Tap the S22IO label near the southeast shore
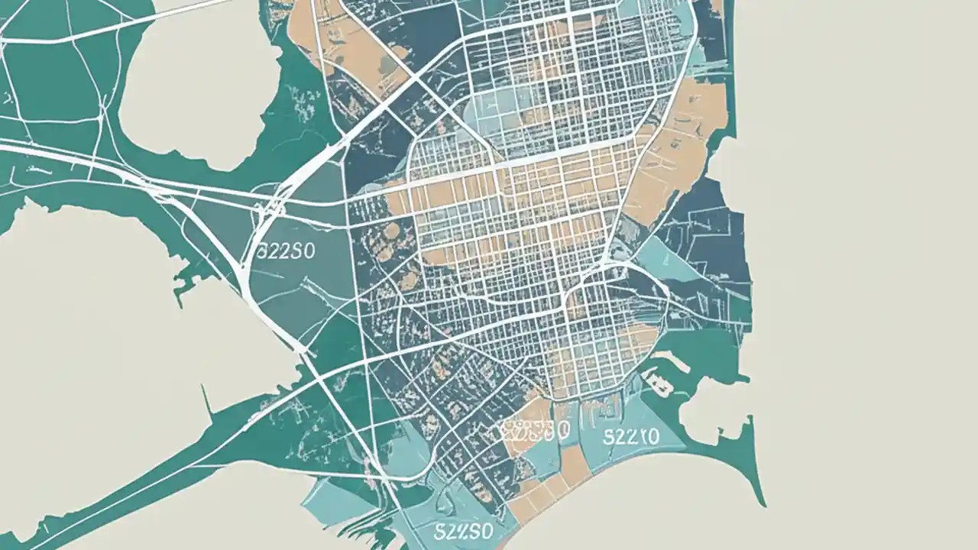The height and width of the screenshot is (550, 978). pos(631,437)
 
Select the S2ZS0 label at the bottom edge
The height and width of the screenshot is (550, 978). pos(463,530)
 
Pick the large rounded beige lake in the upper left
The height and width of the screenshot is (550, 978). pos(200,84)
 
